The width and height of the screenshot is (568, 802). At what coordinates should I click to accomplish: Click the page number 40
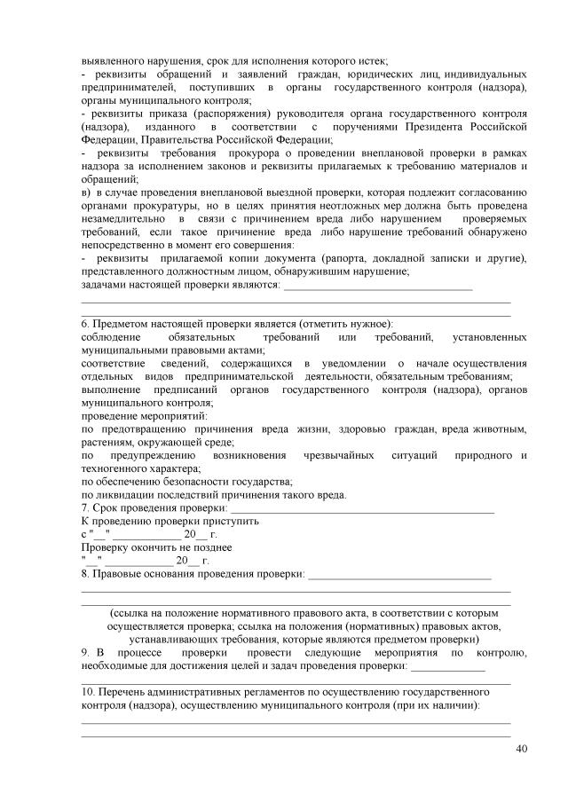point(521,749)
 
